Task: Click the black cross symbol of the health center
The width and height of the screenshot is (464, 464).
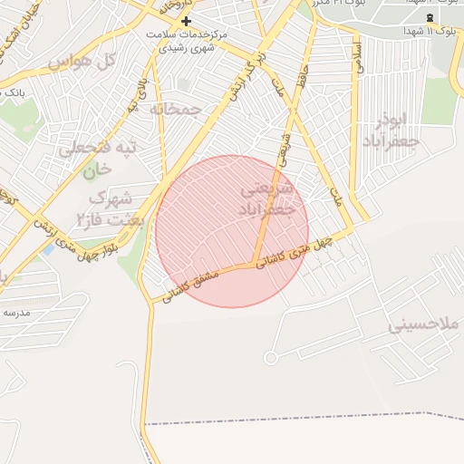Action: coord(187,20)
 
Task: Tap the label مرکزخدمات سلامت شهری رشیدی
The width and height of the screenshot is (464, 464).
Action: coord(187,40)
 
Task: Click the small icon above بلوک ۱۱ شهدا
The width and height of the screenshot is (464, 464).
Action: coord(430,17)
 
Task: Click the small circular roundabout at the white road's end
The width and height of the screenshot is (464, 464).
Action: coord(271,357)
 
